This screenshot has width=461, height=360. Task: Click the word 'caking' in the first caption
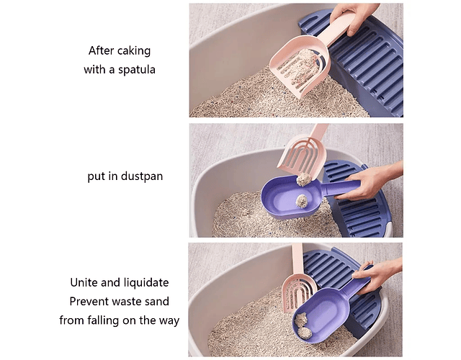click(x=134, y=51)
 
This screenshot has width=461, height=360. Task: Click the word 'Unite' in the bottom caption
click(x=84, y=282)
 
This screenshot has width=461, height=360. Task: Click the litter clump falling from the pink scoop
click(x=304, y=179)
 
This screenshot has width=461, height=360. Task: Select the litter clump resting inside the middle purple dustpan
click(x=302, y=202)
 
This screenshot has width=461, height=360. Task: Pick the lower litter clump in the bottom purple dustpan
click(x=305, y=333)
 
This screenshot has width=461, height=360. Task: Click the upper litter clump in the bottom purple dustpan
click(x=301, y=320)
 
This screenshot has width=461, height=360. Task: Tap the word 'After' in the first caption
click(x=101, y=50)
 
